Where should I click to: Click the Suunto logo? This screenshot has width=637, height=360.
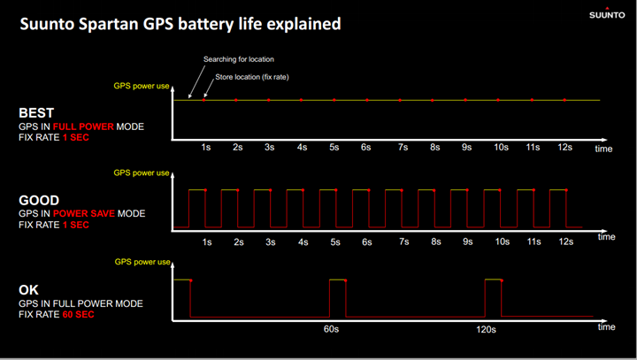coord(607,13)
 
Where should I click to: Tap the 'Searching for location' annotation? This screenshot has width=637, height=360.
coord(239,59)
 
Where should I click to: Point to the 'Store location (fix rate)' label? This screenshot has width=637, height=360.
coord(252,77)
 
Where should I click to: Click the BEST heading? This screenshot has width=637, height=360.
coord(36,113)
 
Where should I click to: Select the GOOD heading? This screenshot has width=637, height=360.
coord(39,200)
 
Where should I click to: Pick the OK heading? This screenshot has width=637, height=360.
coord(28,290)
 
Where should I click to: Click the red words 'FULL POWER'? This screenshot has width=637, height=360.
coord(83,126)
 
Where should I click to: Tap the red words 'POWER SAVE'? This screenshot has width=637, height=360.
coord(84,214)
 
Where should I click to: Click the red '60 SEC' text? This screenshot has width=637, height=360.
coord(78,315)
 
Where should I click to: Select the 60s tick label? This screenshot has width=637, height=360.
coord(331,329)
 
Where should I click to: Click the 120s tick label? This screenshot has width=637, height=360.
coord(486,330)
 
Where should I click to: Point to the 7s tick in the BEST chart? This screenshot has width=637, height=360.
coord(403,147)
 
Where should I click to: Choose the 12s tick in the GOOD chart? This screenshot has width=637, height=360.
coord(566,241)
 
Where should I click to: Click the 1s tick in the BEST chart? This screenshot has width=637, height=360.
coord(206,147)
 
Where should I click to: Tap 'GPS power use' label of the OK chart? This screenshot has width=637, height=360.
coord(142,262)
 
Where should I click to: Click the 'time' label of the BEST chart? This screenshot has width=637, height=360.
coord(603,149)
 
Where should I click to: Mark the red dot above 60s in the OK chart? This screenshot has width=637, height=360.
coord(346,280)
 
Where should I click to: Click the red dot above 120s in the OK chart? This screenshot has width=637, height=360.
coord(502,280)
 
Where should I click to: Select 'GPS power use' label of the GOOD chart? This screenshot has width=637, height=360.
coord(142,173)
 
